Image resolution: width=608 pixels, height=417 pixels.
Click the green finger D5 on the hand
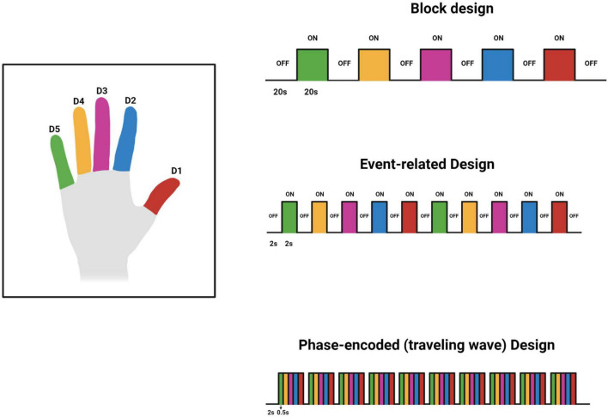point(61,162)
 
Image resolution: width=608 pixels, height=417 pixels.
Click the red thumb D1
point(161,196)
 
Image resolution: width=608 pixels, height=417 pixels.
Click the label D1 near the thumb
point(176,171)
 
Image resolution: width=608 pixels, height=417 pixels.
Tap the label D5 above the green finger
point(55,130)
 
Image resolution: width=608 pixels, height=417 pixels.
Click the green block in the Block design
point(312,64)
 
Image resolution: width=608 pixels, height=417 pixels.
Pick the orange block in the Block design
point(374,64)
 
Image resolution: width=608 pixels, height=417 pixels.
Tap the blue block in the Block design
point(497,64)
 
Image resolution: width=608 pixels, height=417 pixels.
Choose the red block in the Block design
point(560,64)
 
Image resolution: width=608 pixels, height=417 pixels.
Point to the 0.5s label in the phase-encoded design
point(283,413)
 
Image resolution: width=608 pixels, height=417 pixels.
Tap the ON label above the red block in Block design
point(560,38)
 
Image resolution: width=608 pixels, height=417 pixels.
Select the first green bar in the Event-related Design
point(289,217)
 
